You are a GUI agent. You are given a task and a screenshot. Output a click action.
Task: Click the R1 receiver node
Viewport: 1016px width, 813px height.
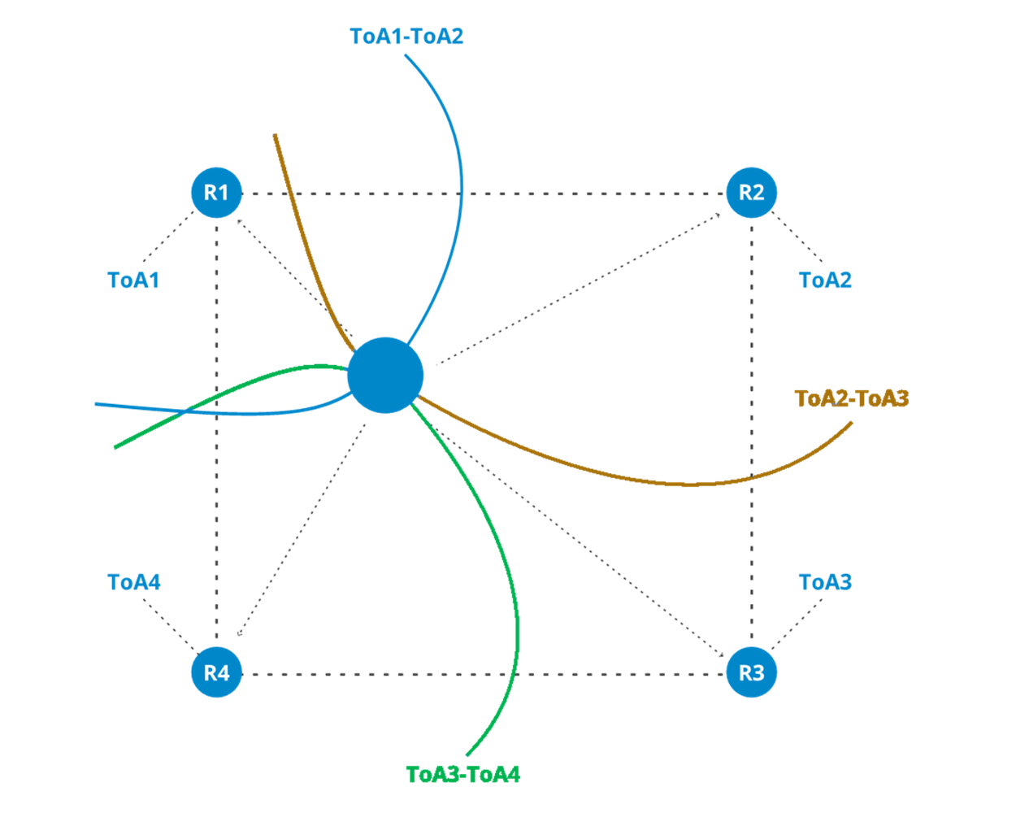tap(216, 193)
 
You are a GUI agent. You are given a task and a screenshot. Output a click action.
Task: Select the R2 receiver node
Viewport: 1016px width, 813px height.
tap(751, 193)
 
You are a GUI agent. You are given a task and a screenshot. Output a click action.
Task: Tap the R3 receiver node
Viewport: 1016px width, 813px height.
tap(751, 672)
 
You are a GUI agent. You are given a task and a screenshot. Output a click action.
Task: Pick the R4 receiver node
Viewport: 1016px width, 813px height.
tap(216, 672)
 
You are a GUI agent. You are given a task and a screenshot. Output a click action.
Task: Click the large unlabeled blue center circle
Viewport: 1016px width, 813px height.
tap(385, 376)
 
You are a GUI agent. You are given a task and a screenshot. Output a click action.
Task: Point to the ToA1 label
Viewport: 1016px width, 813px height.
tap(133, 280)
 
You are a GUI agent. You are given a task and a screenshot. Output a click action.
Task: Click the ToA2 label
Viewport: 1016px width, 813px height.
tap(825, 280)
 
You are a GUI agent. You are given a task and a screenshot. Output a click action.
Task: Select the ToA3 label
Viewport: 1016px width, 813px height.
tap(825, 583)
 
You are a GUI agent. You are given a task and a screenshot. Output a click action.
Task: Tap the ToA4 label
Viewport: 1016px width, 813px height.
tap(134, 583)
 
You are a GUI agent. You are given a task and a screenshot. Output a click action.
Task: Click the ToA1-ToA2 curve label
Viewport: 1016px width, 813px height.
tap(406, 37)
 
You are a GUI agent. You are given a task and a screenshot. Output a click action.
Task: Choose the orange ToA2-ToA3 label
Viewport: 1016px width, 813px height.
tap(851, 398)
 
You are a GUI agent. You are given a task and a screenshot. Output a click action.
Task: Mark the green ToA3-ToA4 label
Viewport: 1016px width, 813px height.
tap(462, 774)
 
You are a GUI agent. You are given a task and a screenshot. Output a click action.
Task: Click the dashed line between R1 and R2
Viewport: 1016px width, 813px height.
tap(569, 194)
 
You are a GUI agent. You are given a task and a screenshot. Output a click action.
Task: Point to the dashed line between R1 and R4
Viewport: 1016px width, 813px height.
tap(217, 528)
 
